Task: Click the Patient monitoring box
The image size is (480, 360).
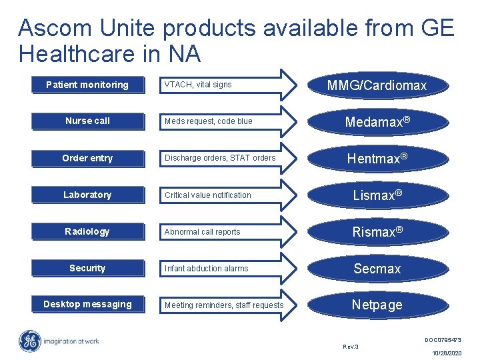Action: pyautogui.click(x=87, y=85)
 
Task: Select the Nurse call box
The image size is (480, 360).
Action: pyautogui.click(x=87, y=121)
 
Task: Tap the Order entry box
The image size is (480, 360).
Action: pyautogui.click(x=87, y=158)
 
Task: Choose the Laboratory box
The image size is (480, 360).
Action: pyautogui.click(x=87, y=195)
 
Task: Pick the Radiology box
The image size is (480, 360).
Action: pyautogui.click(x=87, y=231)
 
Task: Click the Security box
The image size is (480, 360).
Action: pyautogui.click(x=87, y=268)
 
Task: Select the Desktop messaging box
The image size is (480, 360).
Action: pyautogui.click(x=87, y=305)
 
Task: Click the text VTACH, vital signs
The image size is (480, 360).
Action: pyautogui.click(x=198, y=85)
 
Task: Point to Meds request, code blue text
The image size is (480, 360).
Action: pyautogui.click(x=209, y=121)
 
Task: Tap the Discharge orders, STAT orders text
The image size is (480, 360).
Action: pyautogui.click(x=220, y=158)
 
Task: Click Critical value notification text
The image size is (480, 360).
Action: pyautogui.click(x=208, y=195)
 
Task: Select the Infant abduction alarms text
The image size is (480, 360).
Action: pyautogui.click(x=207, y=269)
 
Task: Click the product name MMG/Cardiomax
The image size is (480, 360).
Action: pyautogui.click(x=377, y=85)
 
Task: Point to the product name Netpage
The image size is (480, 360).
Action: pyautogui.click(x=377, y=305)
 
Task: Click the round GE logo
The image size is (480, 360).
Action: pyautogui.click(x=30, y=341)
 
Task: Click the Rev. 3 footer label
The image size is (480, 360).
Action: pyautogui.click(x=351, y=347)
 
